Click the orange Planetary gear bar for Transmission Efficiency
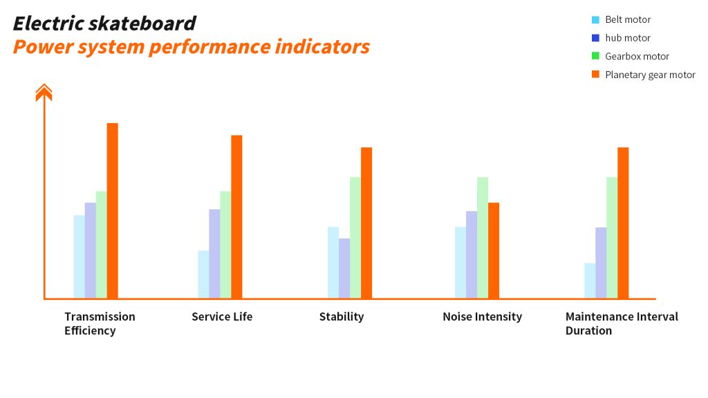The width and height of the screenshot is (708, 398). (x=113, y=211)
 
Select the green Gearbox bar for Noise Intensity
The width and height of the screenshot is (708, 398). (x=482, y=238)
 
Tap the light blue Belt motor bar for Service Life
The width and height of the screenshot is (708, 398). (x=204, y=274)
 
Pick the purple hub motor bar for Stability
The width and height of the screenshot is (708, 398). (x=344, y=269)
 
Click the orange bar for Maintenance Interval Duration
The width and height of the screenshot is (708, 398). (x=623, y=223)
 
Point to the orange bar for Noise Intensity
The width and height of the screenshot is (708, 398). (x=494, y=250)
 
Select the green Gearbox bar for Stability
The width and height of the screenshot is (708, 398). (x=355, y=238)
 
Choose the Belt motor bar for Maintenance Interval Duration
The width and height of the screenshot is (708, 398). (x=590, y=281)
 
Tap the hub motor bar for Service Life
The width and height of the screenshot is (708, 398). (x=214, y=254)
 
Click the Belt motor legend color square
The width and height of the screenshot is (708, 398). (x=595, y=19)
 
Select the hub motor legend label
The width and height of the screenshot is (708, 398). (x=628, y=38)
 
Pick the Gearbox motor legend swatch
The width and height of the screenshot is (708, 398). (x=595, y=56)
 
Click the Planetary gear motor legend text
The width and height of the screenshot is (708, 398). (x=650, y=75)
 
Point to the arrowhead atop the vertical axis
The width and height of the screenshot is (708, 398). (x=44, y=92)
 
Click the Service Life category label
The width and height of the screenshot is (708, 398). (x=222, y=316)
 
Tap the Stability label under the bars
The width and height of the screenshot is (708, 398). (x=342, y=316)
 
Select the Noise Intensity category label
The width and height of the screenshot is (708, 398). (x=482, y=316)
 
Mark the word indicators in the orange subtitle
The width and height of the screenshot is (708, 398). (x=322, y=46)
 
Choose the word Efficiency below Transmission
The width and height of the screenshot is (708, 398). (x=90, y=331)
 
